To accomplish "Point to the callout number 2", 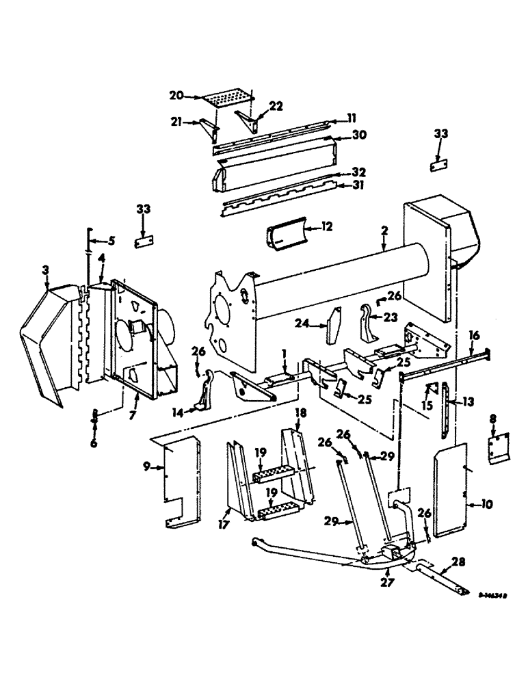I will tap(385, 231).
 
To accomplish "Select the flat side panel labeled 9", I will tap(180, 479).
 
